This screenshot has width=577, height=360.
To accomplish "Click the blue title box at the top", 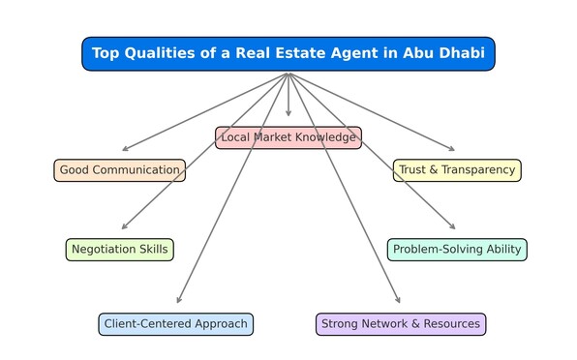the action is (288, 53).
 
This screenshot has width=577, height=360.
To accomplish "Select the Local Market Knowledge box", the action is (288, 137).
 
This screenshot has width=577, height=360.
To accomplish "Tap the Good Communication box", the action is (119, 170).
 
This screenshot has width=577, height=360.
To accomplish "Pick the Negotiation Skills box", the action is (120, 250).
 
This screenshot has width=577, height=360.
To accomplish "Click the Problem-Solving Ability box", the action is (457, 250).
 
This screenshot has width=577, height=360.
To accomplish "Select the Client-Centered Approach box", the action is (175, 324).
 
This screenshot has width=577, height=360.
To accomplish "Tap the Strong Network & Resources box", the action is (401, 324).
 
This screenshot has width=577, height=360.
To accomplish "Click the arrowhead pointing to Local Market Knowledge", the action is (288, 114).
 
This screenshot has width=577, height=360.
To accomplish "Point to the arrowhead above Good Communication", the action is (124, 149).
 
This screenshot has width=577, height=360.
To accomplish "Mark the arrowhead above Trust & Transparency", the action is (450, 149).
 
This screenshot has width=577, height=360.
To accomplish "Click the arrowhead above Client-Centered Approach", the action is (179, 301).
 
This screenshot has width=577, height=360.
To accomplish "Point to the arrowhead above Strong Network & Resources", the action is (397, 301).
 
